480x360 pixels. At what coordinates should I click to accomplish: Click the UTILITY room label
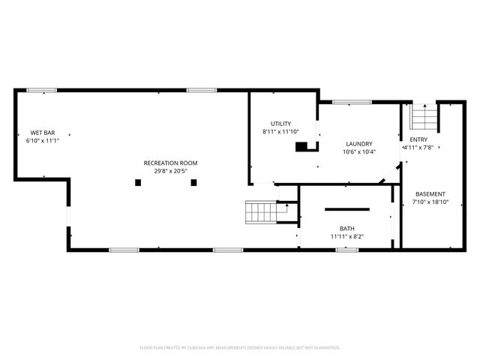coord(281,124)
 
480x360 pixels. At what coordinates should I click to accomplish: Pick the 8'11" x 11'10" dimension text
coord(281,132)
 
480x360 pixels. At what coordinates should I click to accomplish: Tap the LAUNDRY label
coord(359,144)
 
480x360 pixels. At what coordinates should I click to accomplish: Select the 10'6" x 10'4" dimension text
coord(359,152)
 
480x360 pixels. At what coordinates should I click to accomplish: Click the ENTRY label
coord(418,139)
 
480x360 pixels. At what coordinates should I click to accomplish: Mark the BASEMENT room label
coord(430,193)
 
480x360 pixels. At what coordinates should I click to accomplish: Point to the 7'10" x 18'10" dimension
coord(430,202)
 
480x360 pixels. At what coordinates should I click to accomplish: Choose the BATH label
coord(346,228)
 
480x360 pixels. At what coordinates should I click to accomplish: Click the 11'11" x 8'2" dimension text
coord(346,236)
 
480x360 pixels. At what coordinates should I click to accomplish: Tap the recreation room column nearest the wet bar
coord(137,181)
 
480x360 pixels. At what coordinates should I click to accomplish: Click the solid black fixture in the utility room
coord(301,147)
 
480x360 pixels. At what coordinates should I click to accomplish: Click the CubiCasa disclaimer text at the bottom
coord(240,347)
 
